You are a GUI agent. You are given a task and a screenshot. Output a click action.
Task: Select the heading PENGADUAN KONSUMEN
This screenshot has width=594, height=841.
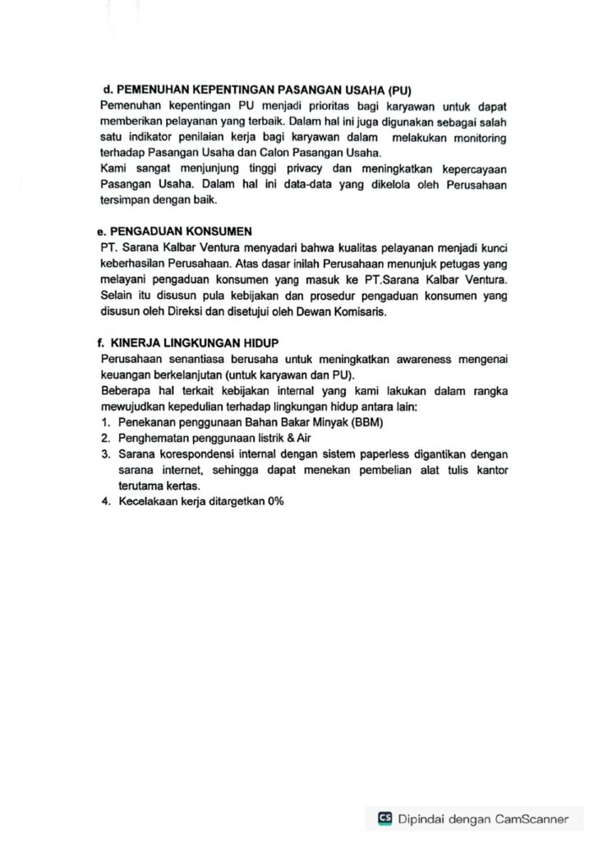coord(182,231)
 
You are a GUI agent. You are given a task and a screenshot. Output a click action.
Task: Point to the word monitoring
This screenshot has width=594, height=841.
coord(477,137)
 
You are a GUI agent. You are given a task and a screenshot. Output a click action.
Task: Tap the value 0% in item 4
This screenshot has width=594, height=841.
coord(275,502)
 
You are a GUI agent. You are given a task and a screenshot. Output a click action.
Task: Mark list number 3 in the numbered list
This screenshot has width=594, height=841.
coord(106,454)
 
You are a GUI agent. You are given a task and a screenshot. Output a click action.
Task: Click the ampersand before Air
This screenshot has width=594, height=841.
coord(291,439)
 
